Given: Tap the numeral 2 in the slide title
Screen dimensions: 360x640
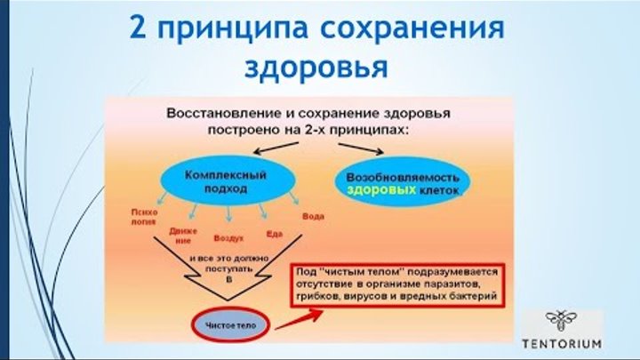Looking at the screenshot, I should pos(138,27).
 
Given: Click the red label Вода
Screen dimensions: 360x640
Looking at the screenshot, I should pos(313,216).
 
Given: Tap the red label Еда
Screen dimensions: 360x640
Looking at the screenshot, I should pos(274,233).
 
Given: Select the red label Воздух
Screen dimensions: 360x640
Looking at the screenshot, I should pos(228,239).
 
